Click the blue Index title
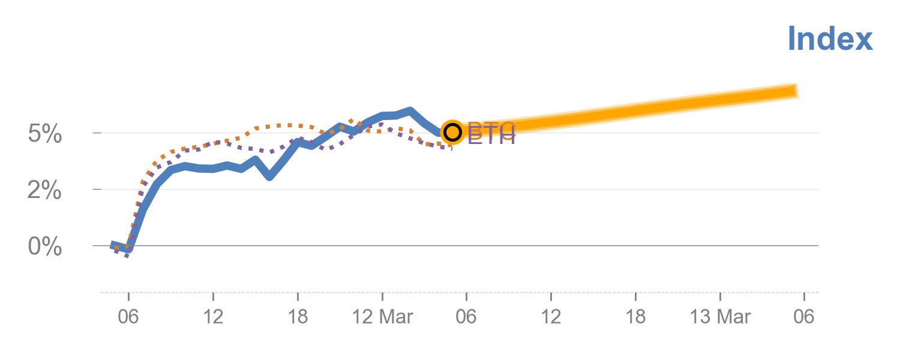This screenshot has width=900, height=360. click(x=830, y=39)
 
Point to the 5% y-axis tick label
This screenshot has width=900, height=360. click(x=45, y=134)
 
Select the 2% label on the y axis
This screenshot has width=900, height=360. click(x=45, y=191)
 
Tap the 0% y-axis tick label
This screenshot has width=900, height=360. click(x=45, y=247)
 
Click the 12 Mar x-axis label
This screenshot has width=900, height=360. click(x=382, y=316)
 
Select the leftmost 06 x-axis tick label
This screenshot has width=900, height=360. click(x=128, y=316)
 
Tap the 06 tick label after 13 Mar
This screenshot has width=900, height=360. click(x=804, y=316)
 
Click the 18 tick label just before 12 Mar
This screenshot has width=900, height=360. click(x=298, y=316)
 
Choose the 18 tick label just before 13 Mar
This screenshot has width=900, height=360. click(x=635, y=316)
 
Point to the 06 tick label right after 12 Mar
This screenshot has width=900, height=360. click(x=466, y=316)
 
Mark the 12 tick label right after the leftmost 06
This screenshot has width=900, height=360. click(x=213, y=316)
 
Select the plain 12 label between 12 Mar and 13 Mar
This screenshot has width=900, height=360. click(x=551, y=316)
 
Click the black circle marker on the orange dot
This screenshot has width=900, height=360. click(x=452, y=132)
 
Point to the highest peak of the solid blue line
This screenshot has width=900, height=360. click(x=410, y=111)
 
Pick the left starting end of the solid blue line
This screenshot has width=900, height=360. click(x=112, y=245)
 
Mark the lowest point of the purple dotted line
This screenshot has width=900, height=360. click(x=127, y=256)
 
